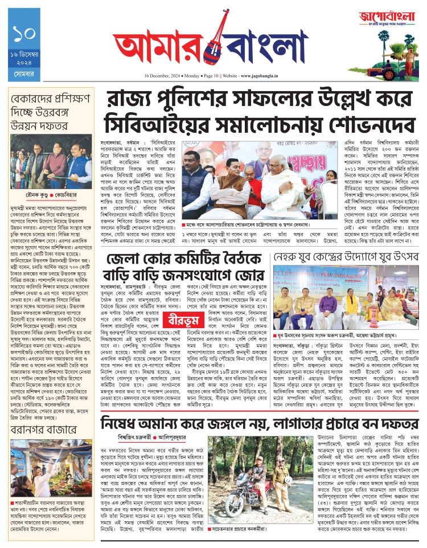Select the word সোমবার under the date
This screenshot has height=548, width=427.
click(24, 75)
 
